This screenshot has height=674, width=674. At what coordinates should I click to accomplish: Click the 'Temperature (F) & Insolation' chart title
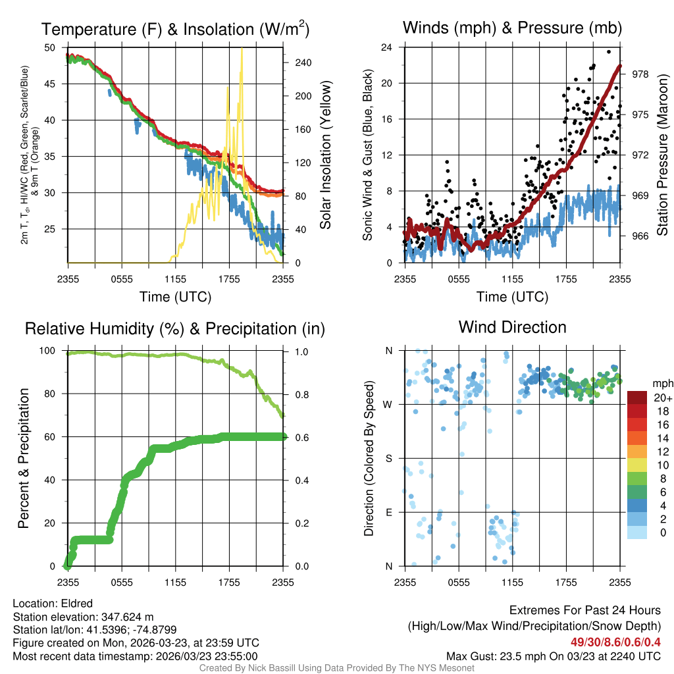click(x=176, y=29)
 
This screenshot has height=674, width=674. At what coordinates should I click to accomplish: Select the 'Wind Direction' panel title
click(x=512, y=327)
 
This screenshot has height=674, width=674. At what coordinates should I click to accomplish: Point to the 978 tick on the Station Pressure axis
click(x=640, y=74)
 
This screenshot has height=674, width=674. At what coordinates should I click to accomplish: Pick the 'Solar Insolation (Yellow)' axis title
click(x=325, y=155)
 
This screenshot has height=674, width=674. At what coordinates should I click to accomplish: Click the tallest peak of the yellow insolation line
click(x=242, y=49)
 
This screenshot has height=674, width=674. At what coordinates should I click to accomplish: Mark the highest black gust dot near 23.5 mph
click(x=609, y=52)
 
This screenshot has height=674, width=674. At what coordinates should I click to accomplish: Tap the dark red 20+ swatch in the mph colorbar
click(x=638, y=398)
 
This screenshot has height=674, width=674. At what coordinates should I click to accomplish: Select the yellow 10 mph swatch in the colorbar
click(x=638, y=465)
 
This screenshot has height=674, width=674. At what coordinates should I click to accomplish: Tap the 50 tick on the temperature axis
click(x=50, y=47)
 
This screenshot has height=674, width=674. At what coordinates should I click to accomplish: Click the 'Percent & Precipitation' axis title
click(x=24, y=458)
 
